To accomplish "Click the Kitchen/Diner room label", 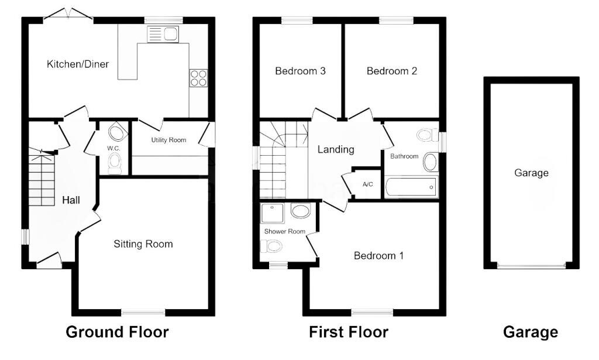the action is [78, 64].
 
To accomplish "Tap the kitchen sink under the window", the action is [163, 33].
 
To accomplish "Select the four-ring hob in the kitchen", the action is [198, 78].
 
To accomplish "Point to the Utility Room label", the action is [168, 140].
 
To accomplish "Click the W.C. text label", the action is [113, 148].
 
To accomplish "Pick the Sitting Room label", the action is [143, 244].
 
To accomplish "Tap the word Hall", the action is [71, 200].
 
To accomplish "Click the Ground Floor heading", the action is [117, 332].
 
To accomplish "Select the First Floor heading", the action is [349, 332].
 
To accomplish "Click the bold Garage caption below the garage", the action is [531, 332].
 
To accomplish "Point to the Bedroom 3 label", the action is [300, 71].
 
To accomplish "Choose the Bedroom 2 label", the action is [391, 71].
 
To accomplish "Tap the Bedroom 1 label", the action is [378, 256].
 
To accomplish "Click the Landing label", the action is [336, 149].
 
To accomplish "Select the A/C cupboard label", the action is [367, 184].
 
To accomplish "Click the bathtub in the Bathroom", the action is [411, 187].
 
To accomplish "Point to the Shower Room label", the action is [285, 231].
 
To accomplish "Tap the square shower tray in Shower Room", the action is [273, 213].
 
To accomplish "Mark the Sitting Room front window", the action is [143, 313].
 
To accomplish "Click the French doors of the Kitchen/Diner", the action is [68, 14].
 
